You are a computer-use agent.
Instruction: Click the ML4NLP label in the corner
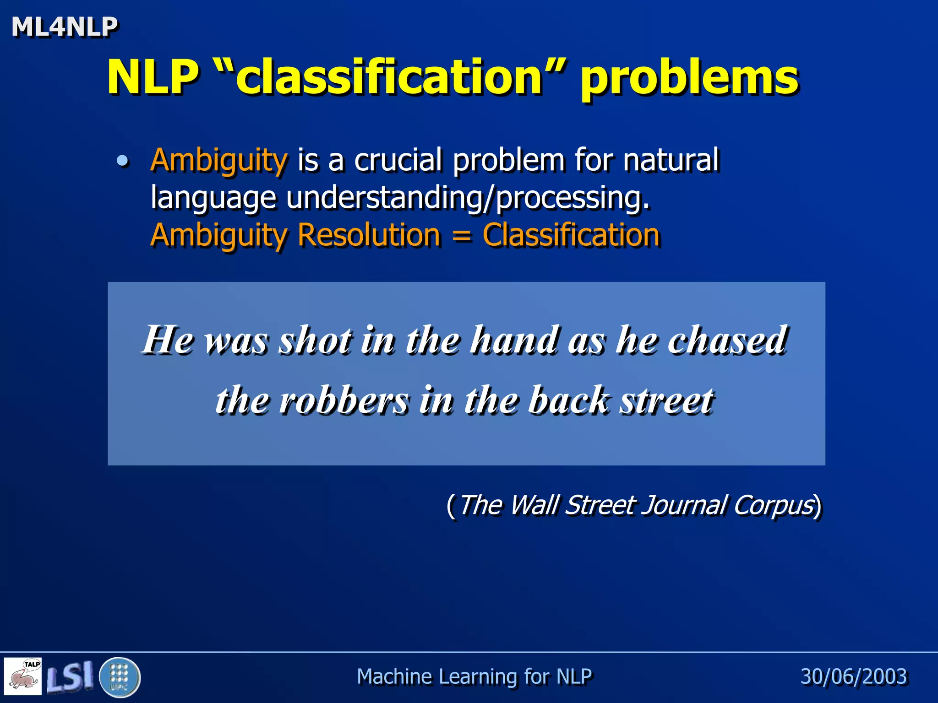click(x=65, y=27)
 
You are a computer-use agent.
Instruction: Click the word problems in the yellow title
click(x=689, y=78)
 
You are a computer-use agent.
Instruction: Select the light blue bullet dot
click(x=122, y=161)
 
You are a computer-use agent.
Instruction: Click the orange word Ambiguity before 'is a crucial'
click(x=219, y=161)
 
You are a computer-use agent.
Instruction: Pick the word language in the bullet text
click(x=213, y=198)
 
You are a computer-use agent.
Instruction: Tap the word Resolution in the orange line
click(x=369, y=235)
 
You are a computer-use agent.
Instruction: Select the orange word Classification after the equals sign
click(x=571, y=235)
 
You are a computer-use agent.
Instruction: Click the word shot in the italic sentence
click(x=316, y=341)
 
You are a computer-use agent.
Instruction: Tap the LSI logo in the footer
click(x=70, y=676)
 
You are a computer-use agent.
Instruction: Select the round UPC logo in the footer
click(x=120, y=677)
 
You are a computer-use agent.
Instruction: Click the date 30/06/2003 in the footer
click(x=853, y=676)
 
